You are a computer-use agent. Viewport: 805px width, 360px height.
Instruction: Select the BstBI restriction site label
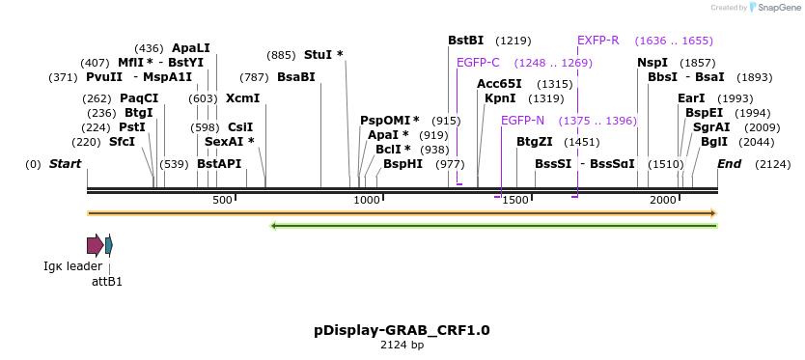pyautogui.click(x=466, y=41)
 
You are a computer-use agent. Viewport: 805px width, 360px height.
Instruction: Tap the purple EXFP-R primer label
pyautogui.click(x=597, y=41)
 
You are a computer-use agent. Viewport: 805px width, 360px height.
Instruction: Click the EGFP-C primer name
pyautogui.click(x=478, y=62)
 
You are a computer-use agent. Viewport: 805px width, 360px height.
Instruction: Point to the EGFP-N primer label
pyautogui.click(x=522, y=121)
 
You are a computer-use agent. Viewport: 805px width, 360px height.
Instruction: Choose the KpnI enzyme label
pyautogui.click(x=500, y=98)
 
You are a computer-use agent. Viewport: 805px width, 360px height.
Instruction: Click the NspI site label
pyautogui.click(x=652, y=62)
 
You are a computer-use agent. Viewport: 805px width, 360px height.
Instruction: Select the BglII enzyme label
pyautogui.click(x=714, y=141)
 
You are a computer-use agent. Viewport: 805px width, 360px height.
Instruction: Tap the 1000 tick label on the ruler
pyautogui.click(x=367, y=200)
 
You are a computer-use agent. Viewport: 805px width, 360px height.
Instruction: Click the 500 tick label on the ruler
pyautogui.click(x=223, y=200)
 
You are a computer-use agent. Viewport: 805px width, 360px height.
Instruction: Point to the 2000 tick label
pyautogui.click(x=663, y=200)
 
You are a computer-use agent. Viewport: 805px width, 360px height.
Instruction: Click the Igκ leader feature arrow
pyautogui.click(x=95, y=245)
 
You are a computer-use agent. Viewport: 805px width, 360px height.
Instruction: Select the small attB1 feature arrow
pyautogui.click(x=109, y=245)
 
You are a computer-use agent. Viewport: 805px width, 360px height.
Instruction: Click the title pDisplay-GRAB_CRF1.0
pyautogui.click(x=402, y=330)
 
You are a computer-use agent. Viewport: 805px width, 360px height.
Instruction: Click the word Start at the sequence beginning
pyautogui.click(x=65, y=164)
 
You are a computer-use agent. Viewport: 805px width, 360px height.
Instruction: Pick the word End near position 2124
pyautogui.click(x=729, y=164)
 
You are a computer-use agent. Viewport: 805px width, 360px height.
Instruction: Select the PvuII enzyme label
pyautogui.click(x=104, y=77)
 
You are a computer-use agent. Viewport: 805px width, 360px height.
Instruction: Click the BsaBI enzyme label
pyautogui.click(x=296, y=77)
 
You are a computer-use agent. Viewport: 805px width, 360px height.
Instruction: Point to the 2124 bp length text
pyautogui.click(x=402, y=345)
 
